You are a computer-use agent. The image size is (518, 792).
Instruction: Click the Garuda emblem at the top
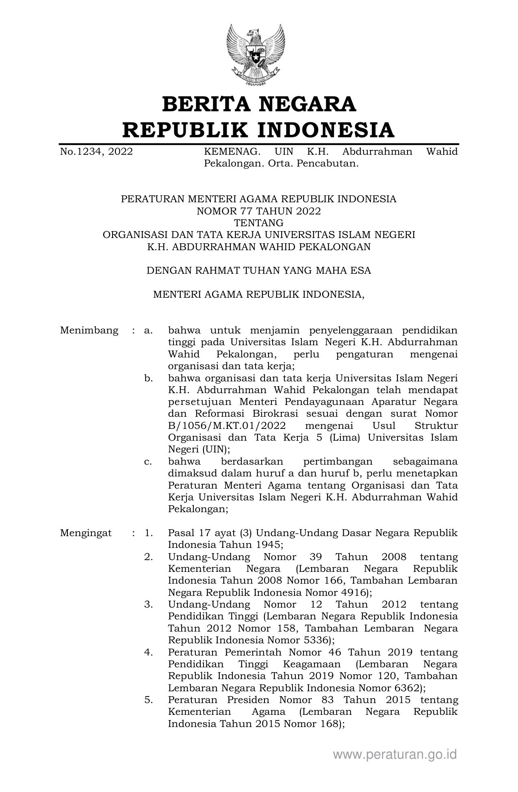pos(256,54)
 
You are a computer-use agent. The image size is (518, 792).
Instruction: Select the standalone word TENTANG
pos(259,223)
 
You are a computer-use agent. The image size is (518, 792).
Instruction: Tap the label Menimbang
pos(89,330)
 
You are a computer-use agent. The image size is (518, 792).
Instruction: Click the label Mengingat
pos(86,533)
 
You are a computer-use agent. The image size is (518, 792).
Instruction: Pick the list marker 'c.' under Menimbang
pos(148,462)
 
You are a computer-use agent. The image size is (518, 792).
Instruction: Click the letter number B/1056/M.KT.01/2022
pos(227,426)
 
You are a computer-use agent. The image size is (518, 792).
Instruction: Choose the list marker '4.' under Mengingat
pos(148,653)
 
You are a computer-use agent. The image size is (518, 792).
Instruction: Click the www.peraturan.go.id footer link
pos(395,755)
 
